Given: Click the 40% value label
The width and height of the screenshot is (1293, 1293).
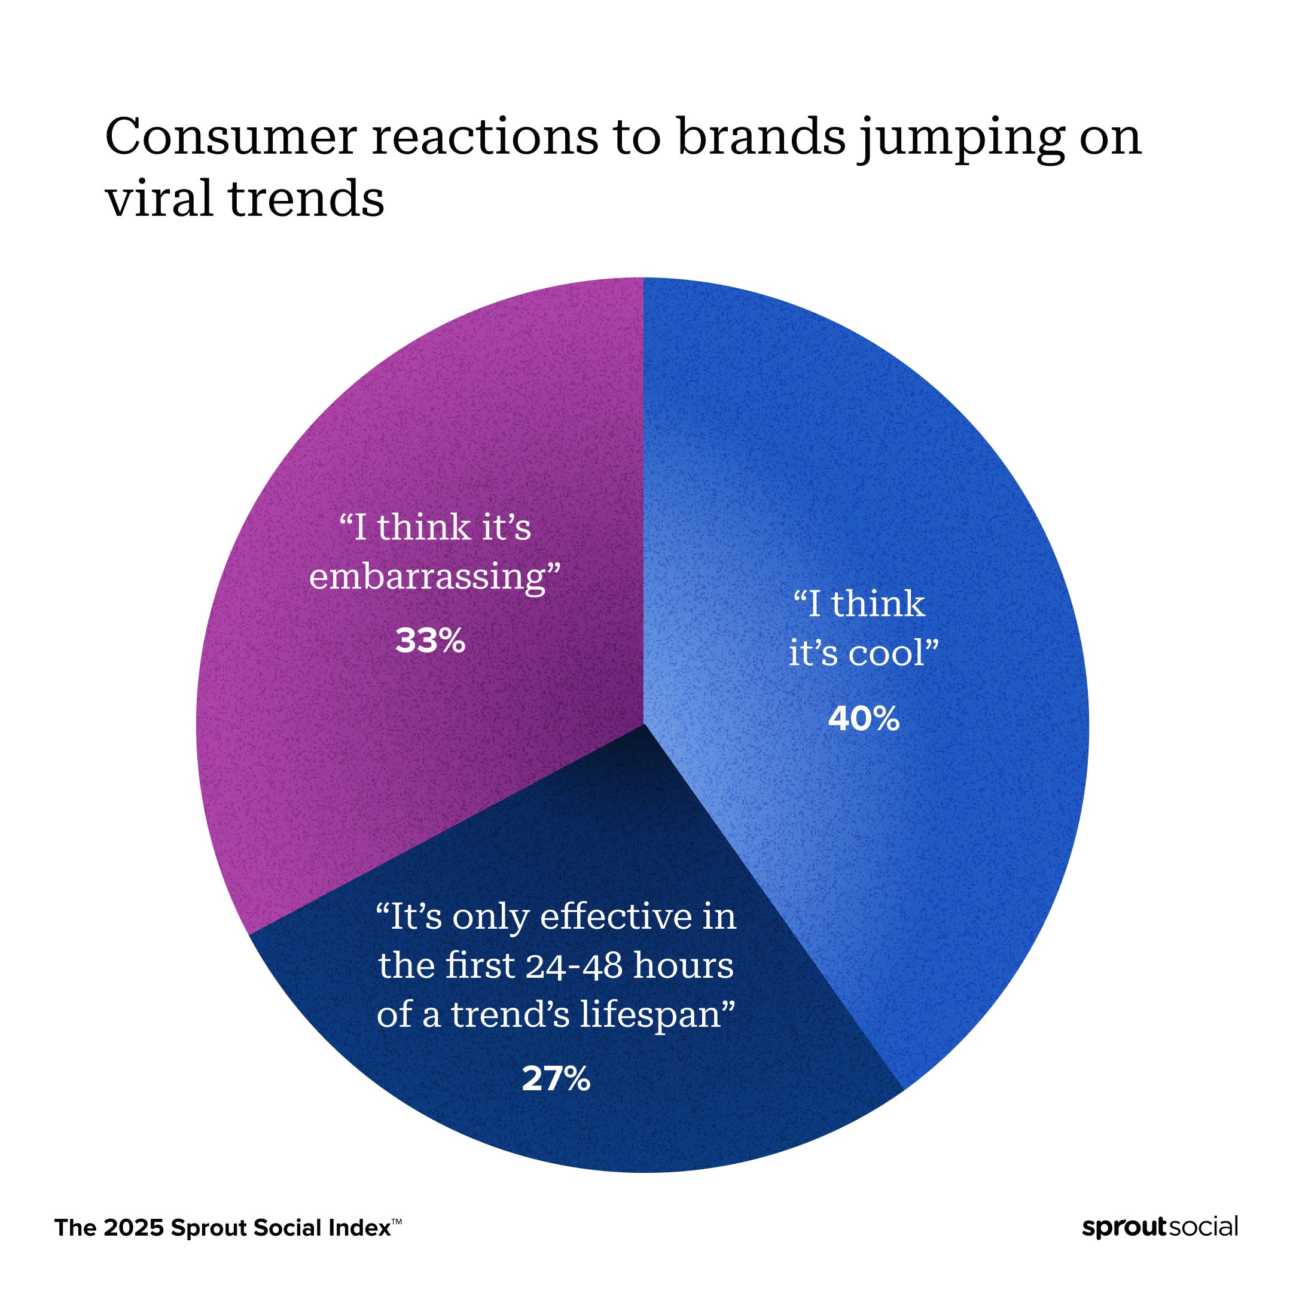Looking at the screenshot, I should (864, 719).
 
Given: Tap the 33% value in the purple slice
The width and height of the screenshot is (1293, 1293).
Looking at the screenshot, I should (429, 641).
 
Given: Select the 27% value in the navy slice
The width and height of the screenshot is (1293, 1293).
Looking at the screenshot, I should (556, 1079).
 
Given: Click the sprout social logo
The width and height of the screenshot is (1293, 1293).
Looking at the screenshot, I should (1160, 1227).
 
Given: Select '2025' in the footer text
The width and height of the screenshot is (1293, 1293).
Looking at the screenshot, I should (134, 1228).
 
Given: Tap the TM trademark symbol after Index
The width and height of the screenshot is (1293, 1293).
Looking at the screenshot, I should (396, 1221).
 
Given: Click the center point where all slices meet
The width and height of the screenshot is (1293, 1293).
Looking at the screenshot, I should (643, 724).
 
